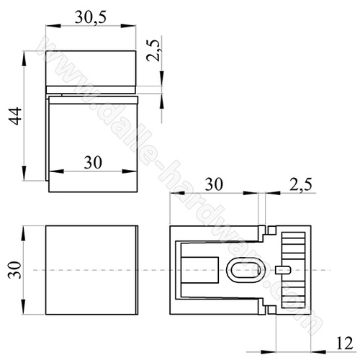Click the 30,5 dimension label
pos(91,18)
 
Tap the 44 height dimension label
pos(15,116)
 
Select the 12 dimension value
pos(345,343)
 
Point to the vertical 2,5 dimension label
pos(153,50)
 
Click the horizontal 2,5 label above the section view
pos(301,184)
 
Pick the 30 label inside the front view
pos(93,163)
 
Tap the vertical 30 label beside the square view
pos(15,270)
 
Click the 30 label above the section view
pos(214,184)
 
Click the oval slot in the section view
pos(246,270)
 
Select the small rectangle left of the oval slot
pos(199,270)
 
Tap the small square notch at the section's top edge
pos(271,230)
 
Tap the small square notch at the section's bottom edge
pos(271,310)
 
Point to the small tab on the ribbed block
pos(284,270)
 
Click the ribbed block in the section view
pos(293,270)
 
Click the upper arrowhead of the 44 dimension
pos(24,58)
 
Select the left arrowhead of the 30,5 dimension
pos(53,26)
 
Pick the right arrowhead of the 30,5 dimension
pos(128,26)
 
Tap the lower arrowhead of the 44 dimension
pos(24,173)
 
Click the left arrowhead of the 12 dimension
pos(269,352)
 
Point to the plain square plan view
pos(91,270)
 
